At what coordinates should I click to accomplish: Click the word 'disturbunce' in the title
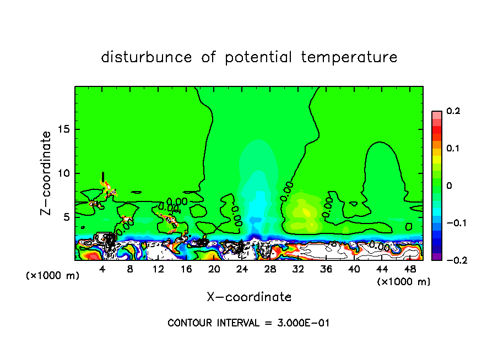coord(147,57)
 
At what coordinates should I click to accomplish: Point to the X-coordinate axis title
coord(249,297)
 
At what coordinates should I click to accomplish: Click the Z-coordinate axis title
coord(47,173)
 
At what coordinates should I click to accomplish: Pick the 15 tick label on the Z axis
coord(63,129)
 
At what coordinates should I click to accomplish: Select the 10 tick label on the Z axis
coord(63,173)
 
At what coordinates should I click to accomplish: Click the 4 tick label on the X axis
coord(102,269)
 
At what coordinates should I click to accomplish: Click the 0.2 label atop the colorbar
coord(453,111)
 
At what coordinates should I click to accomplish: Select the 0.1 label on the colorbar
coord(453,149)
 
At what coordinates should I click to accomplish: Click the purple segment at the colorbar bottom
coord(437,256)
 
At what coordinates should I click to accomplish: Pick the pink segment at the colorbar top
coord(437,114)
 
